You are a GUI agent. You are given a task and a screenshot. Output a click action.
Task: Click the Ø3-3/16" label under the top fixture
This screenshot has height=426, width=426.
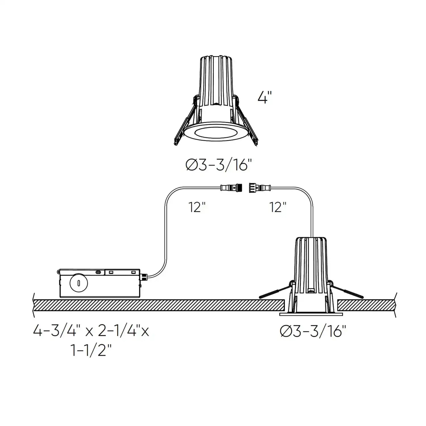219,165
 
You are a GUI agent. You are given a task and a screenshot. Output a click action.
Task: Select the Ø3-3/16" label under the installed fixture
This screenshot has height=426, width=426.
313,331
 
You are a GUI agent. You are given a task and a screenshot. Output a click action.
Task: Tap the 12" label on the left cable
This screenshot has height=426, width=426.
197,207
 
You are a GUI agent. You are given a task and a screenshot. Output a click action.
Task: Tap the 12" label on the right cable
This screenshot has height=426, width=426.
277,207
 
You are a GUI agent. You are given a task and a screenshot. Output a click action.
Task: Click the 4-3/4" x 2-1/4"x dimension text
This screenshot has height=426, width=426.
91,331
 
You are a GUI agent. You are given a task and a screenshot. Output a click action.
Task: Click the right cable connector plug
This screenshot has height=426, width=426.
259,187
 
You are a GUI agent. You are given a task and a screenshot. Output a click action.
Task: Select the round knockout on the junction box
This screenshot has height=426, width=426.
79,283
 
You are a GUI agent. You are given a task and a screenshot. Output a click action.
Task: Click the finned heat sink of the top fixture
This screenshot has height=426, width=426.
217,80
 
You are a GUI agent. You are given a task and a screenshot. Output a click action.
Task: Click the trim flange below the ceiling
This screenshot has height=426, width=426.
311,314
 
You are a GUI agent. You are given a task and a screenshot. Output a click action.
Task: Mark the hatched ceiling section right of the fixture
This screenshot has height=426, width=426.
366,305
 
